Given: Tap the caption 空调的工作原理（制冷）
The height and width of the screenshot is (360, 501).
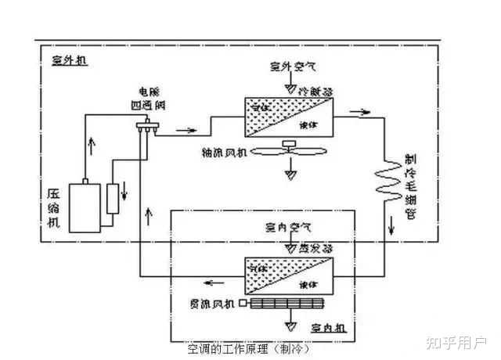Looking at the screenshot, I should (243, 348).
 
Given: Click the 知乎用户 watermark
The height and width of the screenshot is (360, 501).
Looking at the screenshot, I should (456, 344).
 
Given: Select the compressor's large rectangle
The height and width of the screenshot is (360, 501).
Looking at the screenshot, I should (85, 207).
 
